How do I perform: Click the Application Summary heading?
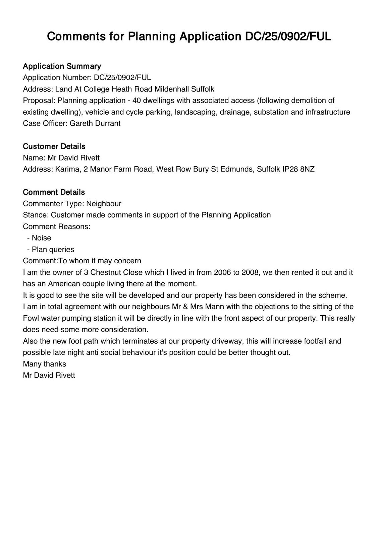tap(62, 66)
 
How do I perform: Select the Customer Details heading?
tap(54, 146)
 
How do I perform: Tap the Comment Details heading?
tap(54, 192)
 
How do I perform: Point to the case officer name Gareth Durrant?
tap(95, 123)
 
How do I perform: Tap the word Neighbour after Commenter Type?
tap(104, 204)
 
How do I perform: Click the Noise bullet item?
tap(41, 238)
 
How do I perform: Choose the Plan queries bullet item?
tap(53, 250)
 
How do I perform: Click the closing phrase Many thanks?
tap(44, 364)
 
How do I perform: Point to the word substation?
tap(271, 112)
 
